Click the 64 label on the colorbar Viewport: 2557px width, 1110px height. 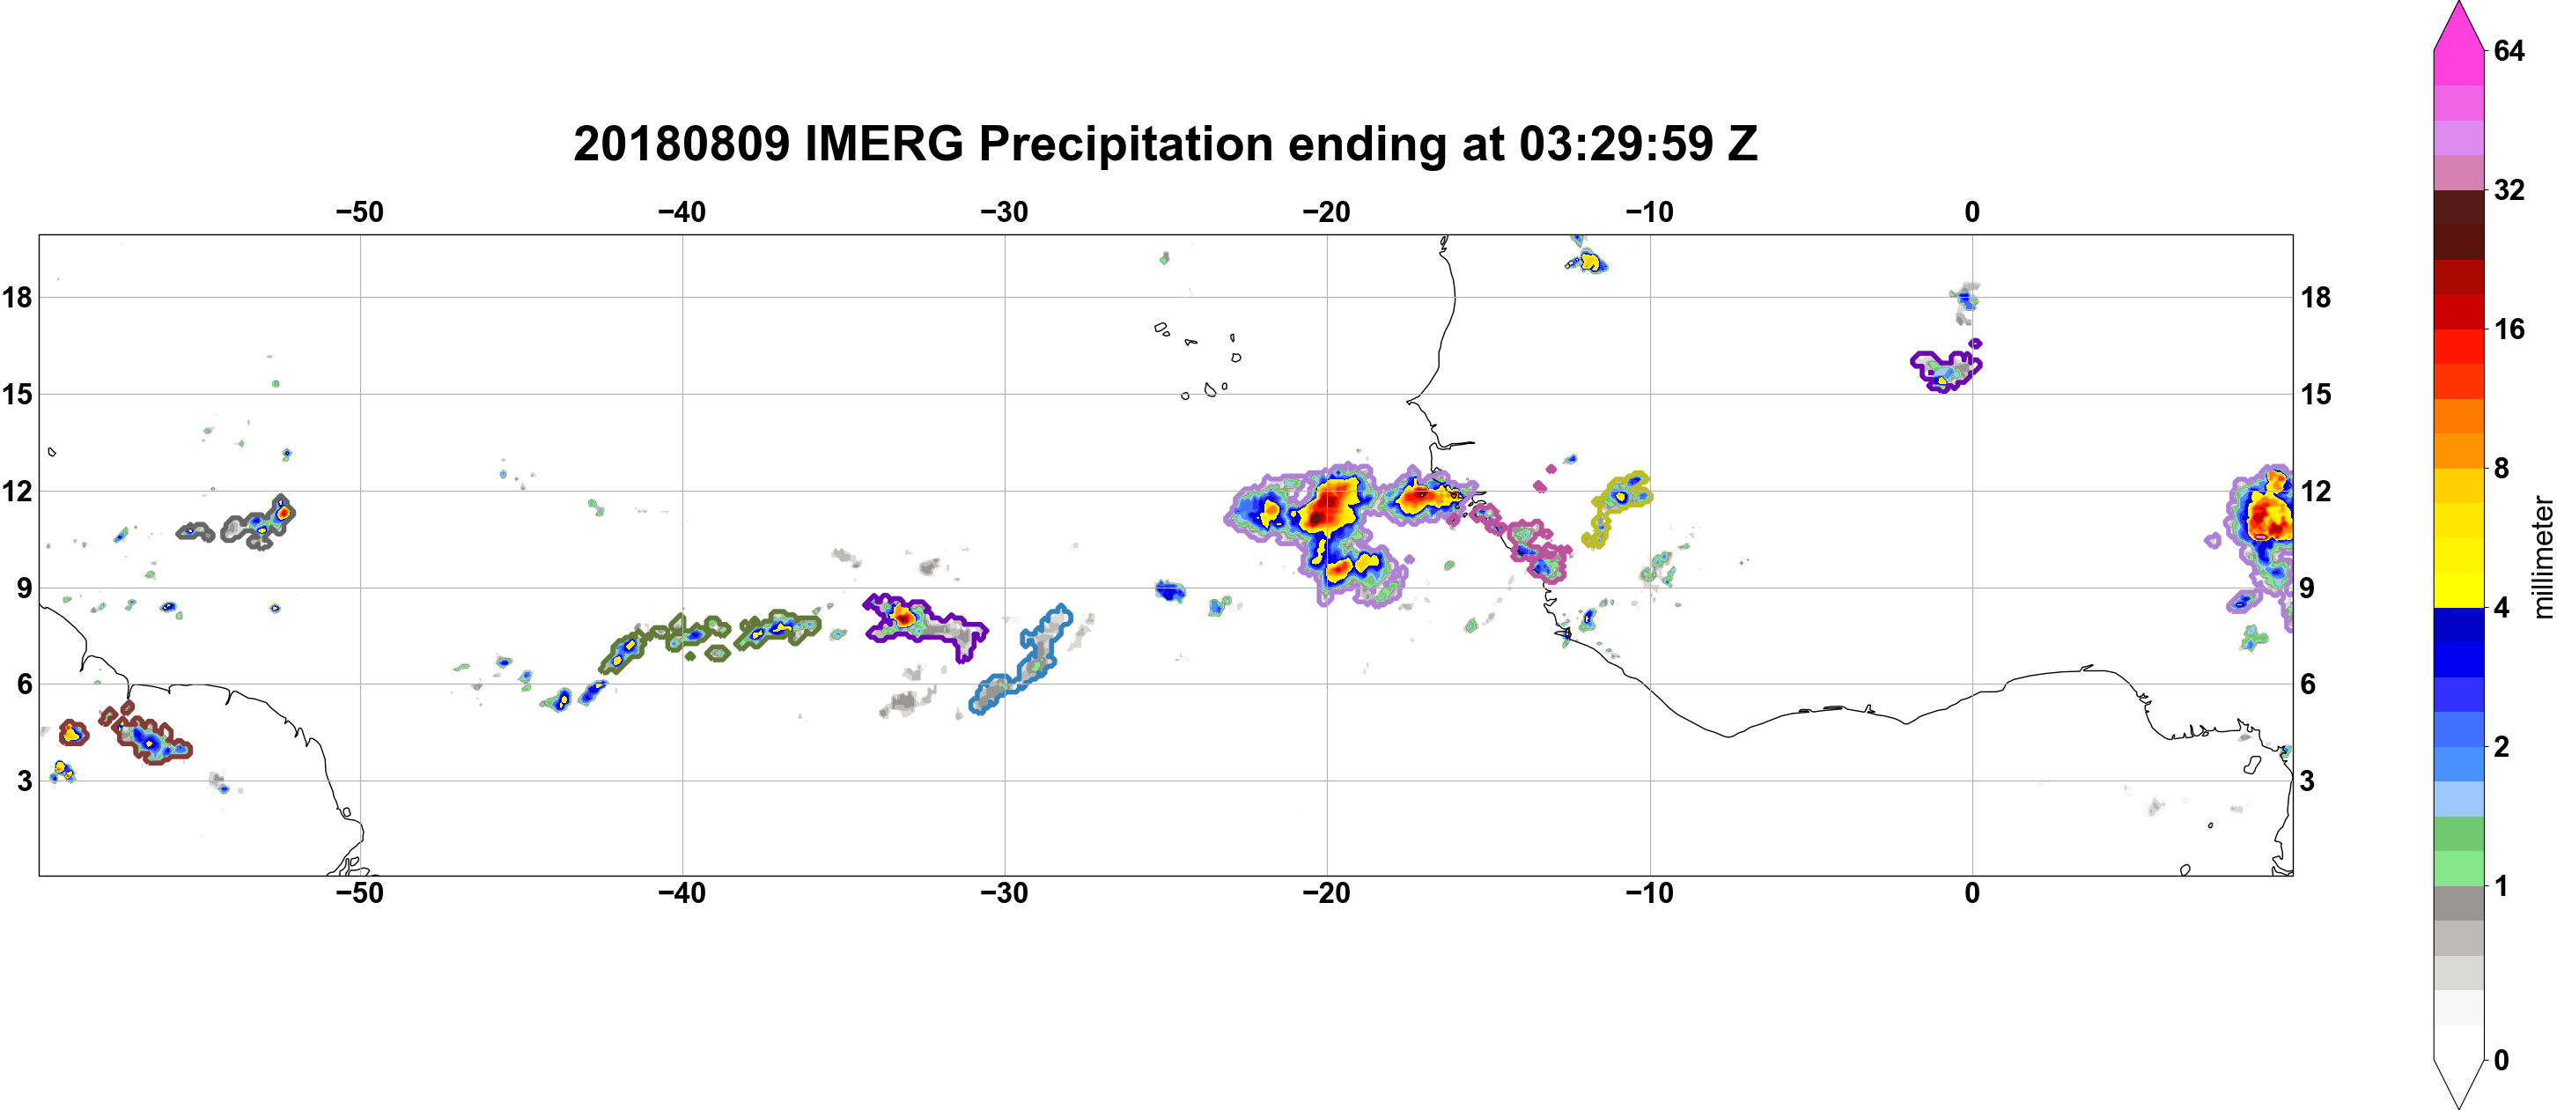2509,50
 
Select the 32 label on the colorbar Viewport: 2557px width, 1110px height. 2509,189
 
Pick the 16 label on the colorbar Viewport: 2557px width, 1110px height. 2509,329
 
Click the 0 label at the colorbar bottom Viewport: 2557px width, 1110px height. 2502,1061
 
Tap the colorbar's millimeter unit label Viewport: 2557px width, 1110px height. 2542,557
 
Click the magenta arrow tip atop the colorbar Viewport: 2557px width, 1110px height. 2458,4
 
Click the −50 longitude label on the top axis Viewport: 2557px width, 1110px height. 359,212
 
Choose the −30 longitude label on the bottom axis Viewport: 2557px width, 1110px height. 1005,893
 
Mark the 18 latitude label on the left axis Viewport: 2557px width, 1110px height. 17,297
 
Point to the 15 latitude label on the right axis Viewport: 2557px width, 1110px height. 2316,394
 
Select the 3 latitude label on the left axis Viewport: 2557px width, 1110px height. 24,781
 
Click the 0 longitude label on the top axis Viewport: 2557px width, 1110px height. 1972,212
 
